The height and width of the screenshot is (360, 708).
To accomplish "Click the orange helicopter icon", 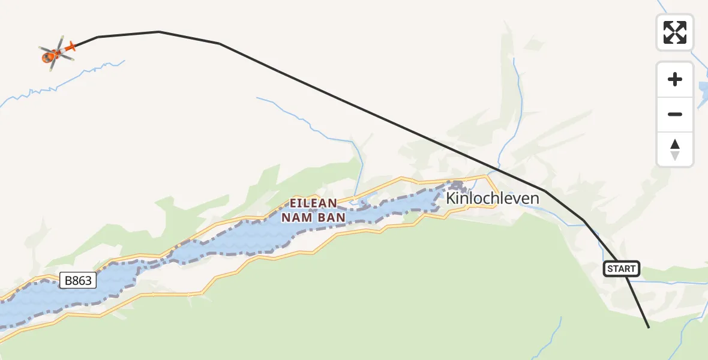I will point(56,53).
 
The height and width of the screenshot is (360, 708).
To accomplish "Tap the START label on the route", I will point(621,269).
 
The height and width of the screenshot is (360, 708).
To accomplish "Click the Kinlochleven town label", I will point(493,198).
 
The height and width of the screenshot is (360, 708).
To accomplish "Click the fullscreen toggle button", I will point(675,32).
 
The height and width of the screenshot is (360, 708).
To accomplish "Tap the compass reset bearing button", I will point(675,149).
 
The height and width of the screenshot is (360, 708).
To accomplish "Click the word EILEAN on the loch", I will point(314,203).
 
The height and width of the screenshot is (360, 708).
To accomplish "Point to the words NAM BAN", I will point(314,217).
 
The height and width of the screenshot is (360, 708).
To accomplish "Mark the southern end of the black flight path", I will point(649,328).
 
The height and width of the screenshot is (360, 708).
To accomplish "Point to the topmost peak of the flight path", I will point(159,31).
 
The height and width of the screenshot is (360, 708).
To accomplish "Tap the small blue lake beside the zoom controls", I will point(702,91).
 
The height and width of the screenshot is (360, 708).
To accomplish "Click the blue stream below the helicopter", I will point(90,71).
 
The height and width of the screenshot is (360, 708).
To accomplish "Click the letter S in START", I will point(610,269).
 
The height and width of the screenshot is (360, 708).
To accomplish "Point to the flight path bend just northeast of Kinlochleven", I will point(544,191).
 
